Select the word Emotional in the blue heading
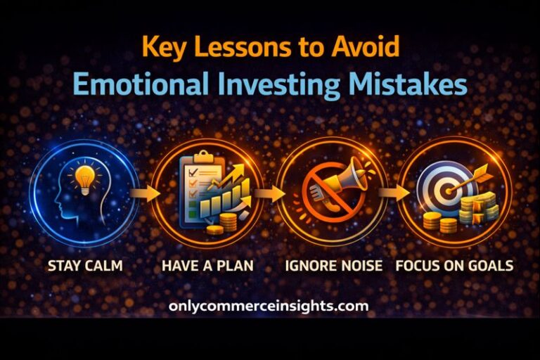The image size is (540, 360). (x=140, y=84)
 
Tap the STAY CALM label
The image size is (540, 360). (x=84, y=266)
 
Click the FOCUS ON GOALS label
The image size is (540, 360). (x=454, y=266)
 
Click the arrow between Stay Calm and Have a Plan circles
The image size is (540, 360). (x=145, y=193)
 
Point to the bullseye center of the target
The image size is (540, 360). (x=445, y=189)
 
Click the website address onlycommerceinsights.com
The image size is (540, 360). (x=269, y=307)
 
